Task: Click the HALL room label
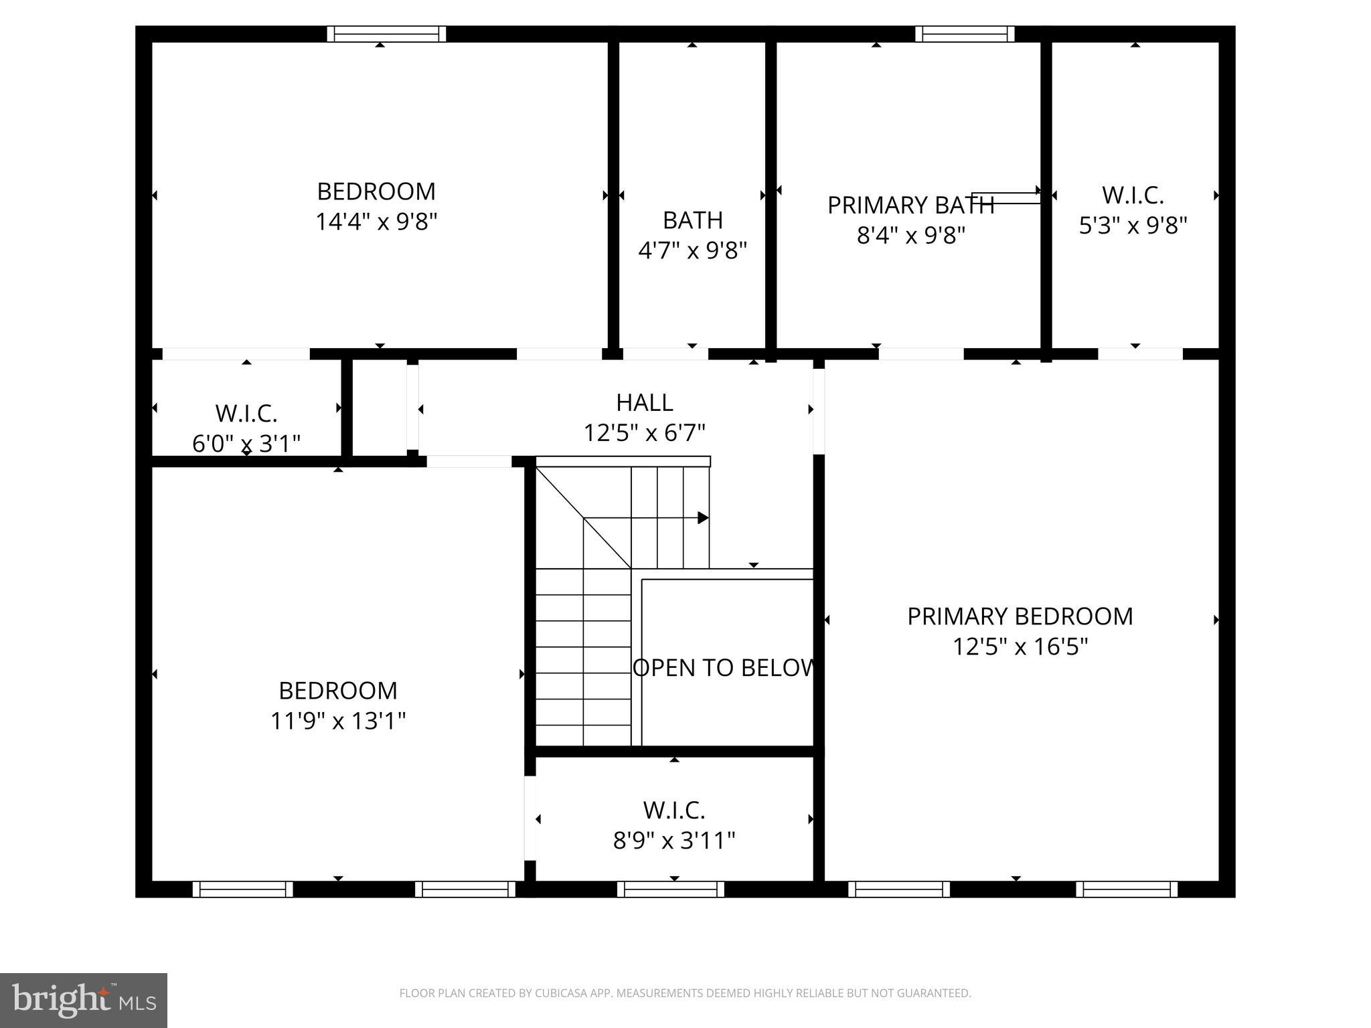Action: click(x=644, y=402)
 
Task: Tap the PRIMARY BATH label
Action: click(x=910, y=205)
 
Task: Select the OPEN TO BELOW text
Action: click(x=724, y=668)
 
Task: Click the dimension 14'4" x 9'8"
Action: click(x=376, y=222)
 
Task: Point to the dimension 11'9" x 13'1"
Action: click(x=338, y=721)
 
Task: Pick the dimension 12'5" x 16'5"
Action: click(x=1020, y=647)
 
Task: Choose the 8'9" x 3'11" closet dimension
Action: click(x=674, y=840)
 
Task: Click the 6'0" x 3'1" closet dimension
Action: click(x=246, y=443)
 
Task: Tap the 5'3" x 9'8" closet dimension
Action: click(x=1133, y=226)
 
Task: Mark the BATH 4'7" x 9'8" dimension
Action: click(x=692, y=250)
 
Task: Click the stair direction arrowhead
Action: click(x=703, y=517)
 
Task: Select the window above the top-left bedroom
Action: click(x=386, y=33)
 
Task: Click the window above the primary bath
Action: click(x=965, y=33)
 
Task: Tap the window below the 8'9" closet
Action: click(x=670, y=889)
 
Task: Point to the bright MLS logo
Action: click(x=84, y=1000)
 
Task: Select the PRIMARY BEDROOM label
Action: click(x=1020, y=616)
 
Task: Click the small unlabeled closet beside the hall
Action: click(x=379, y=408)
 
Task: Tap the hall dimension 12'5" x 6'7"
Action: click(x=644, y=433)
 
